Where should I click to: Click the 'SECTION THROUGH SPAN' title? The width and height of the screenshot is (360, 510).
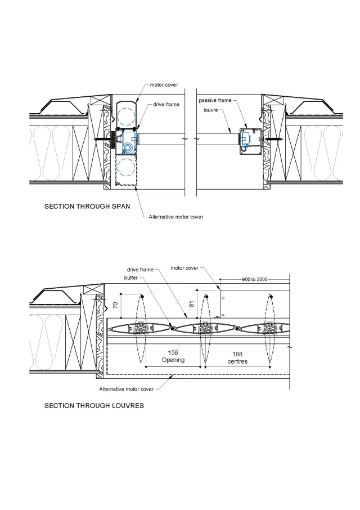[x=87, y=207]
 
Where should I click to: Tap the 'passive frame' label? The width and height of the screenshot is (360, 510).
[x=215, y=100]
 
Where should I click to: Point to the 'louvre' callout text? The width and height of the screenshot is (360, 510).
[x=211, y=110]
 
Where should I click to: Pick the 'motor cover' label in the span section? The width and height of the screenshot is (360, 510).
[x=164, y=85]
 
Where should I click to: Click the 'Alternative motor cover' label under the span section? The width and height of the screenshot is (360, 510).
[x=176, y=217]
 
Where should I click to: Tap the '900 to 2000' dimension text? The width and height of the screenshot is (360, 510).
[x=254, y=279]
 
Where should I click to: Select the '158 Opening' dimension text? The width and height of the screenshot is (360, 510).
[x=173, y=356]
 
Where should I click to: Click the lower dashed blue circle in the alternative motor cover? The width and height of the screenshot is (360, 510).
[x=127, y=167]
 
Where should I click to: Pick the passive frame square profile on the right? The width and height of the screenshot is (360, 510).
[x=247, y=138]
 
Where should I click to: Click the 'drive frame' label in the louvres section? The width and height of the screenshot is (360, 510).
[x=139, y=270]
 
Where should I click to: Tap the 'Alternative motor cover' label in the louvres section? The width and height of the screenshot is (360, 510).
[x=127, y=389]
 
